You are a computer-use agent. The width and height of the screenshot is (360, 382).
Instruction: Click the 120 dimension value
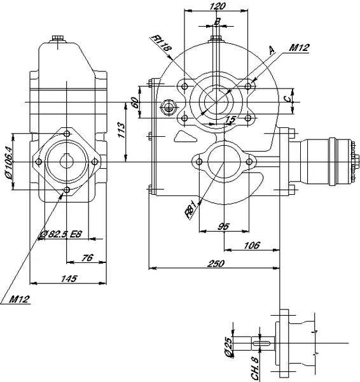[x=218, y=6]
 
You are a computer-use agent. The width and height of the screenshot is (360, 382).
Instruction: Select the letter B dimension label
[x=218, y=22]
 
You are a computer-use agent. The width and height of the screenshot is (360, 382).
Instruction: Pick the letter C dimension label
[x=288, y=98]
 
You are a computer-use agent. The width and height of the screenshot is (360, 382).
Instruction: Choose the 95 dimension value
[x=223, y=226]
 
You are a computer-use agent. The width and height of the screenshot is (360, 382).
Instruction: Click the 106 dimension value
[x=252, y=245]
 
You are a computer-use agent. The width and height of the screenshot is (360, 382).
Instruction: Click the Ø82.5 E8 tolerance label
[x=60, y=234]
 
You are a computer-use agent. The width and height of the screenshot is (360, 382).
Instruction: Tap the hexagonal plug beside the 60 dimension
[x=169, y=106]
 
